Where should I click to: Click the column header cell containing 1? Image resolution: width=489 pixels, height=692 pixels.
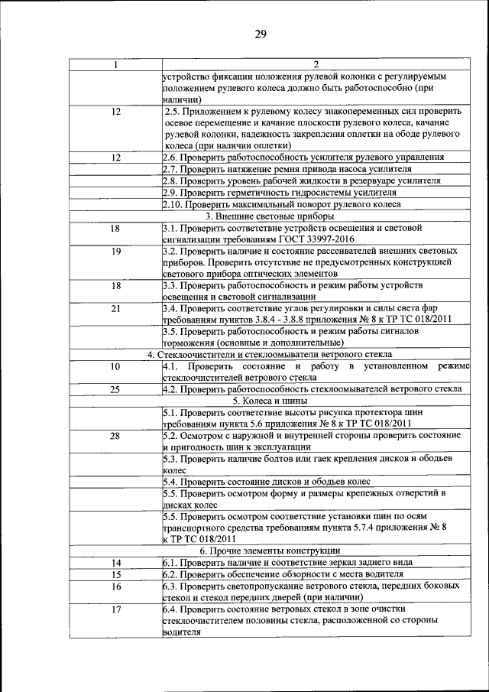pos(115,65)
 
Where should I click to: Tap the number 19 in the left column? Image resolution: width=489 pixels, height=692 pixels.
pos(115,251)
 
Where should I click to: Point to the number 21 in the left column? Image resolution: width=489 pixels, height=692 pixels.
pos(115,308)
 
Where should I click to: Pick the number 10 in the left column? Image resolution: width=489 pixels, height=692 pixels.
pos(115,366)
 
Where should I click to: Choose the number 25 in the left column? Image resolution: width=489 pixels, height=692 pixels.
pos(115,388)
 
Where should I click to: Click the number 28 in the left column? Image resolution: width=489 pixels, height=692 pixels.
pos(115,435)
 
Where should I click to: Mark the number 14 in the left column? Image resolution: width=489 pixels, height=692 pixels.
pos(115,562)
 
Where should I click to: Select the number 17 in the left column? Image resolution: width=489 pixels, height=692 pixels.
pos(115,609)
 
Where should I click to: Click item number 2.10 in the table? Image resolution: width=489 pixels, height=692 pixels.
pos(173,204)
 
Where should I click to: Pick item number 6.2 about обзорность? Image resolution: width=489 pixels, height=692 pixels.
pos(171,573)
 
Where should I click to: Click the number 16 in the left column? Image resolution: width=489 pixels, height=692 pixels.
pos(115,586)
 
